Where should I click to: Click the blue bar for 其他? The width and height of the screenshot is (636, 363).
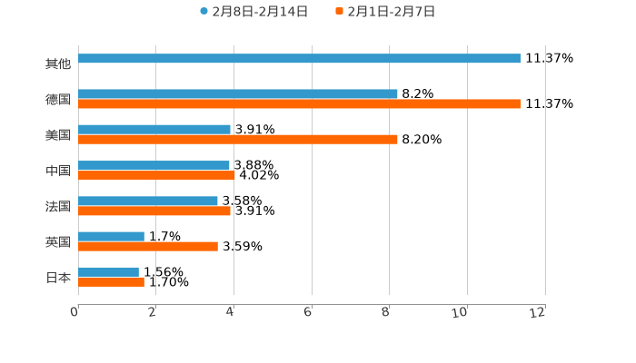300,58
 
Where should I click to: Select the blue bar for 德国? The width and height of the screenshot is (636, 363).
238,93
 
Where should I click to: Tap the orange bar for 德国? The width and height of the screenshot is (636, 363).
300,103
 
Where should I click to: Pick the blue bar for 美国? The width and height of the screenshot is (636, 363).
154,129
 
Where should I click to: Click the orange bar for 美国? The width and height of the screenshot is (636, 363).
238,139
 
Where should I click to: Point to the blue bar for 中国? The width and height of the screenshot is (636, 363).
154,165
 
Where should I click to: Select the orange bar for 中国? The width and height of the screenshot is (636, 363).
156,175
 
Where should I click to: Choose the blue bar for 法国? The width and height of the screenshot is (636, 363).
148,201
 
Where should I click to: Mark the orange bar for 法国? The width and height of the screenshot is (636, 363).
154,211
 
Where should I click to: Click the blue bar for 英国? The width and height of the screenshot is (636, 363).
111,236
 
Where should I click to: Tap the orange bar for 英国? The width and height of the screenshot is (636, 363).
148,246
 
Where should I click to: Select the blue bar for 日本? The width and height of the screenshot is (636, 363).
108,271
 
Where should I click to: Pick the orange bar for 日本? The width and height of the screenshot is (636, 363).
111,281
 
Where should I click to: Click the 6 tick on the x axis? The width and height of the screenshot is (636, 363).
309,313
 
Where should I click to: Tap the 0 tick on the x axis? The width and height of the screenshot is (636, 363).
75,313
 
